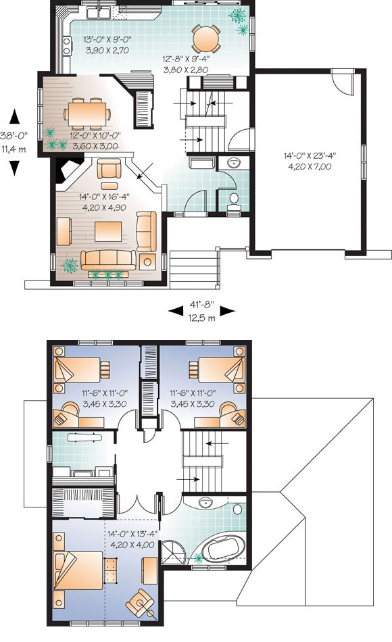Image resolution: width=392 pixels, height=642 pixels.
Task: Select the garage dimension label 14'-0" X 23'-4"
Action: coord(310,155)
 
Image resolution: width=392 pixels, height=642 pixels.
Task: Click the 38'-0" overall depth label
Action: coord(14,136)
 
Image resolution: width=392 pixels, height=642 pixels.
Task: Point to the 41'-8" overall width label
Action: coord(201,305)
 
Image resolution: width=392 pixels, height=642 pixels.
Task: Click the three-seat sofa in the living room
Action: coord(108,260)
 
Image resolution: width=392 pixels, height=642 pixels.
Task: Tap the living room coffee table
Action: coord(109,231)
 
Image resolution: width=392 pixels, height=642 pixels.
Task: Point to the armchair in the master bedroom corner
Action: coord(141,601)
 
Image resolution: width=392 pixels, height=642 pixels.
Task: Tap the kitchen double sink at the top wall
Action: coord(98,13)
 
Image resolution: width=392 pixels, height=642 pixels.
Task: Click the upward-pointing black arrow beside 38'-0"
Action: coord(15,116)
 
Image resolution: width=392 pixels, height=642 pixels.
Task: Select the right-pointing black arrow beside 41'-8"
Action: coord(228,312)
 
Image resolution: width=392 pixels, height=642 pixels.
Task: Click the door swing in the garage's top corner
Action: coord(343,82)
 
